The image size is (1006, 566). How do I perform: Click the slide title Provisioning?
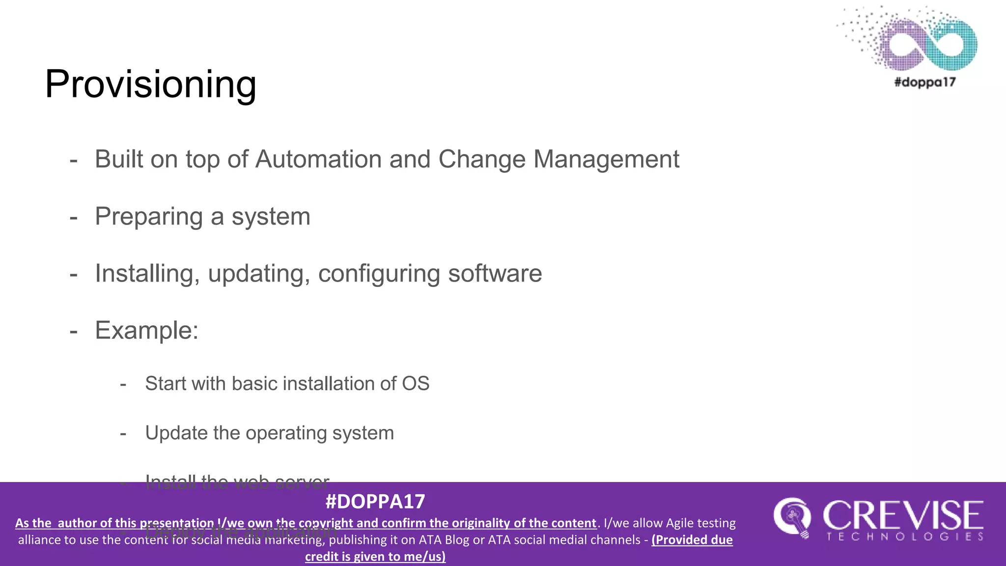coord(150,84)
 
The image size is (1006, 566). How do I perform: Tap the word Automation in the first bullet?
coord(318,159)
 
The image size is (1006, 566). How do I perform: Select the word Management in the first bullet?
coord(606,159)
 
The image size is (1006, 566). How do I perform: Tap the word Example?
coord(146,330)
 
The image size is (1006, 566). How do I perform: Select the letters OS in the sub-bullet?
coord(416,384)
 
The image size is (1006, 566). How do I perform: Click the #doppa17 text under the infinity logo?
coord(925,82)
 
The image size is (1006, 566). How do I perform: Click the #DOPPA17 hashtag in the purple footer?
coord(375,501)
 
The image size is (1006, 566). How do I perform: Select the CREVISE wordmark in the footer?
coord(903,515)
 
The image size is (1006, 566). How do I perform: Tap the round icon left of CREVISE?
coord(791,517)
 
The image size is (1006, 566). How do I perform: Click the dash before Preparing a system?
coord(74,217)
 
